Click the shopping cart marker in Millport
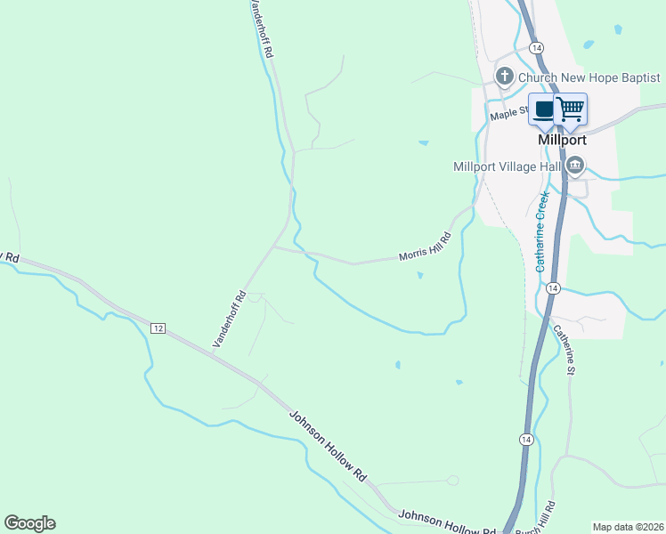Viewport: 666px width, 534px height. [x=571, y=109]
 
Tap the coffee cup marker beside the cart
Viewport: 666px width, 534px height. [x=544, y=109]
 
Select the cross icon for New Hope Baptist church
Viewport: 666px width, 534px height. [x=505, y=77]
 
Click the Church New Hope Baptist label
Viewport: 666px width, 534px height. [x=589, y=78]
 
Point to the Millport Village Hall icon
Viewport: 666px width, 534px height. [x=575, y=165]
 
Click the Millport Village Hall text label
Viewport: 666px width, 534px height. [x=507, y=166]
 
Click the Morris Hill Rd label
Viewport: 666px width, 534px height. [x=426, y=246]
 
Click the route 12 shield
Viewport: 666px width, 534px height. [x=158, y=328]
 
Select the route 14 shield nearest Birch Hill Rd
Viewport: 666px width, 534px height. [x=526, y=440]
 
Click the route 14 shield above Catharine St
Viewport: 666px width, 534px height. [x=553, y=288]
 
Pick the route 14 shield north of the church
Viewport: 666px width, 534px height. [x=535, y=46]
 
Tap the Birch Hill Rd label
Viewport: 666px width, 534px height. [x=544, y=516]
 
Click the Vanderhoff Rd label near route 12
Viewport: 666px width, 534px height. [x=228, y=320]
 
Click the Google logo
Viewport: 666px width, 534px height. [x=29, y=523]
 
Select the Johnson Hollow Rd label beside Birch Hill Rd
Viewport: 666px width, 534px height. [x=446, y=522]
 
